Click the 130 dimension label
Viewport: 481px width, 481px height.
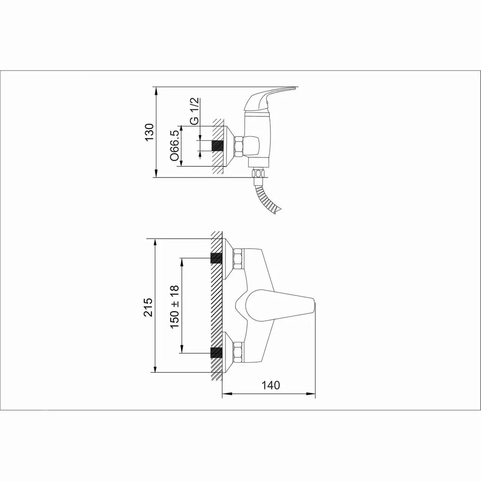(x=150, y=132)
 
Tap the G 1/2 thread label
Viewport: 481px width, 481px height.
(x=194, y=111)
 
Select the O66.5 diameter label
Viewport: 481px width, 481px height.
(x=174, y=145)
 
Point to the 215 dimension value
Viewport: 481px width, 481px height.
(x=149, y=307)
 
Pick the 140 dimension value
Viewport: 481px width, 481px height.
(x=270, y=385)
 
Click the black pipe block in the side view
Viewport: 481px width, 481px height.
(x=217, y=146)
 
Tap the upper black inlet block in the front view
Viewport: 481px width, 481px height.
(x=216, y=258)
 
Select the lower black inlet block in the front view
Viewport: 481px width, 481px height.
(x=216, y=353)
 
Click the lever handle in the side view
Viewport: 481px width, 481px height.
(x=267, y=98)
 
